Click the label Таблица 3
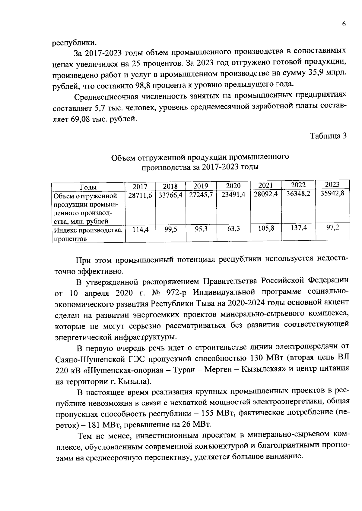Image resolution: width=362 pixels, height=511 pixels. point(328,136)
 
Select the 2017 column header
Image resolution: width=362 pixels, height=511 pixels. point(140,187)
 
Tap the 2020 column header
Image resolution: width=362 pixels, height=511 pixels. point(233,186)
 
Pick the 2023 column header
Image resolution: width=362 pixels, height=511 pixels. point(332,185)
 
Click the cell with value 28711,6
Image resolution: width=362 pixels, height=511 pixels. point(140,195)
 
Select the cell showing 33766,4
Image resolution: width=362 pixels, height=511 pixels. point(170,195)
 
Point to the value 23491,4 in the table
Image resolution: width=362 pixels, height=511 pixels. point(233,195)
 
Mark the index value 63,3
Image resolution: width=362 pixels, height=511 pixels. point(233,229)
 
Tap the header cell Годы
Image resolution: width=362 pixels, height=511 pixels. point(88,187)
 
